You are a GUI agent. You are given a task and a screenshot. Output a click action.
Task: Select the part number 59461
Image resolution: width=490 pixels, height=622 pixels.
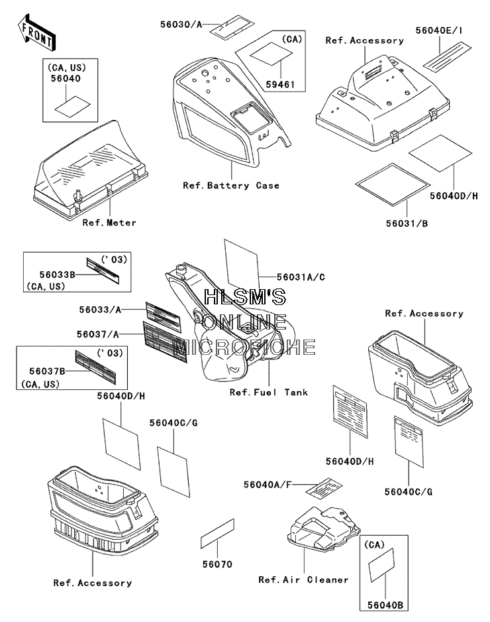[x=280, y=84]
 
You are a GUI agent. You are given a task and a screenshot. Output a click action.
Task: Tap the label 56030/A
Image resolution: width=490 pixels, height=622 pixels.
[x=181, y=25]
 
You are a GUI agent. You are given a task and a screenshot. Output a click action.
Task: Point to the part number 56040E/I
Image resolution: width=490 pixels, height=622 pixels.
[x=439, y=31]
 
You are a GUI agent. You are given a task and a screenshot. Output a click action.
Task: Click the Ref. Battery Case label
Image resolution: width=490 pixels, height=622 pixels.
[x=231, y=186]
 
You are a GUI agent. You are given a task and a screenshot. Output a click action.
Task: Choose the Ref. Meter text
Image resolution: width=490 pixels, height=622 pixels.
[x=109, y=223]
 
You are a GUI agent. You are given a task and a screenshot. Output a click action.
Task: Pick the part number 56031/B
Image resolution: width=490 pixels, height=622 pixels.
[x=407, y=223]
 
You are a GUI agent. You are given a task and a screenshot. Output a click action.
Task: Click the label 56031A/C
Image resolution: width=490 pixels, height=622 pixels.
[x=301, y=277]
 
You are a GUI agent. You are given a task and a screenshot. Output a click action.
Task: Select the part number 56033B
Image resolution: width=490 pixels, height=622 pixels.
[x=57, y=275]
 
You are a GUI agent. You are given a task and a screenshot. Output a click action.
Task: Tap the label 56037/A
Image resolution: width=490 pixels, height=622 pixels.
[x=98, y=334]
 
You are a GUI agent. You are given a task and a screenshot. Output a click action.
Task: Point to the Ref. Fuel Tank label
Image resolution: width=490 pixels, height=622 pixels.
[x=269, y=393]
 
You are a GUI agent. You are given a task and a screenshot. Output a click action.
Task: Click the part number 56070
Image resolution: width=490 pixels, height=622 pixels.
[x=217, y=564]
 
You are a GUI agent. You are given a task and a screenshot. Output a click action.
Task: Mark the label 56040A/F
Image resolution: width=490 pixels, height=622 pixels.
[x=268, y=485]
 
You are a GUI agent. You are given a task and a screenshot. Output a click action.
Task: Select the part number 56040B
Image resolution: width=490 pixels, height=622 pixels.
[x=385, y=605]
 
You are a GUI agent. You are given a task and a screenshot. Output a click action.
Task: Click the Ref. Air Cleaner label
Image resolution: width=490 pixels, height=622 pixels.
[x=303, y=580]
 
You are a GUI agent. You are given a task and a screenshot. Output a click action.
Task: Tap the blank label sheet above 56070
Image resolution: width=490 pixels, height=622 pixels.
[x=217, y=534]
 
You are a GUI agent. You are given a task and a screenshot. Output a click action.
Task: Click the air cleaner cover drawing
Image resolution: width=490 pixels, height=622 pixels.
[x=324, y=528]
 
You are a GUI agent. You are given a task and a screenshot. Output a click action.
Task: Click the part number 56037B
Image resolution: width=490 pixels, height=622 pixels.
[x=47, y=371]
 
